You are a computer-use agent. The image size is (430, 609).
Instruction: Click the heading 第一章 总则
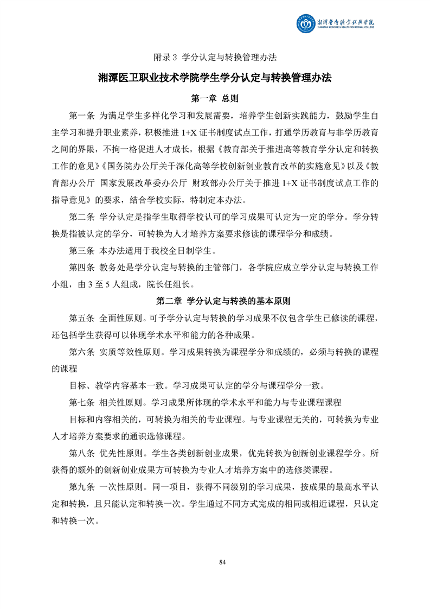click(215, 99)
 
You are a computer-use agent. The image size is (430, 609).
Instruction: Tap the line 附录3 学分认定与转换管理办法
click(215, 57)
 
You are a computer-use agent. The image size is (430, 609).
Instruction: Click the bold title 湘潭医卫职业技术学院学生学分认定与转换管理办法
click(215, 78)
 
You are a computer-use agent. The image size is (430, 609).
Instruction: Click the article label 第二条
click(82, 218)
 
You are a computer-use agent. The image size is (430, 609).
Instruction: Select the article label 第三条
click(82, 251)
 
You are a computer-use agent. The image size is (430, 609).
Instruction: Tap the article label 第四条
click(82, 268)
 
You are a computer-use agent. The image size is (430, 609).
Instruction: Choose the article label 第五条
click(82, 318)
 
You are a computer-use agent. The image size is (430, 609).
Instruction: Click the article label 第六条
click(82, 352)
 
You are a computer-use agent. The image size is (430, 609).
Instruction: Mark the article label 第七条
click(82, 402)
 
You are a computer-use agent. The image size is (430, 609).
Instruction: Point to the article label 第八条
click(82, 453)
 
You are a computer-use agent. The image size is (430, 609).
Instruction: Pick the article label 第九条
click(82, 487)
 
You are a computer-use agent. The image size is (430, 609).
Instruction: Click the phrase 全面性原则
click(121, 318)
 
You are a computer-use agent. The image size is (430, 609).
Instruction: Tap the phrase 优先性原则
click(121, 453)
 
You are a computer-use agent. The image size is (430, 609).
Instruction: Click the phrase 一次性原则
click(121, 487)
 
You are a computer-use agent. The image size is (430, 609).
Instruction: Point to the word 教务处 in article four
click(112, 268)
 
